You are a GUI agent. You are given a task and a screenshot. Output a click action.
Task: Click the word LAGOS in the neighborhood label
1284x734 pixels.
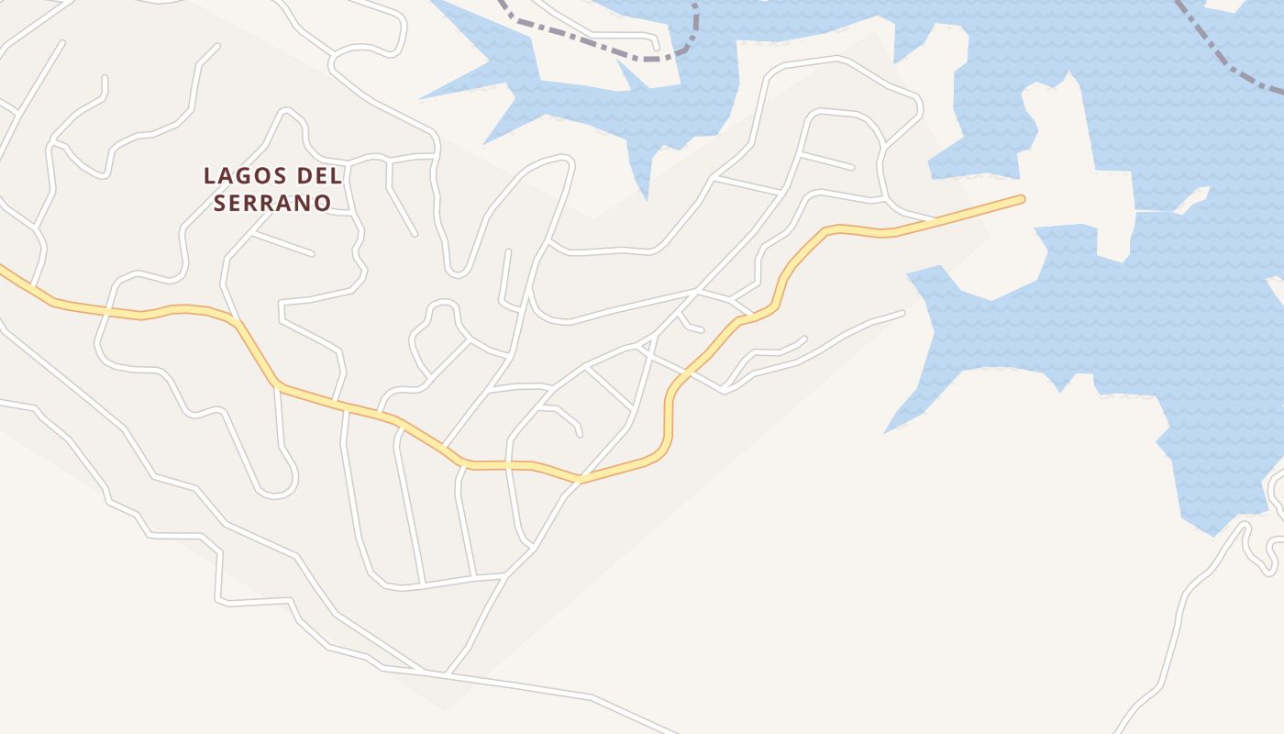coord(245,175)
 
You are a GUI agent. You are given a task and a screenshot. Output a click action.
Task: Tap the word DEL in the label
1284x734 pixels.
coord(319,175)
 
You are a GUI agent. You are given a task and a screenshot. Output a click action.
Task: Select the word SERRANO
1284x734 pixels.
coord(271,203)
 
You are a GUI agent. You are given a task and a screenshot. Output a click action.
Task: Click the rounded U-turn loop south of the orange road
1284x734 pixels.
coord(275,486)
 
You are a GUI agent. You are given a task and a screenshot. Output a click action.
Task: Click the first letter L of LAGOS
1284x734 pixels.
coord(209,175)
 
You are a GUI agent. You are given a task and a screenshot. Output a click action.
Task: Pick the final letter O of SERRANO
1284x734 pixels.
coord(322,203)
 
